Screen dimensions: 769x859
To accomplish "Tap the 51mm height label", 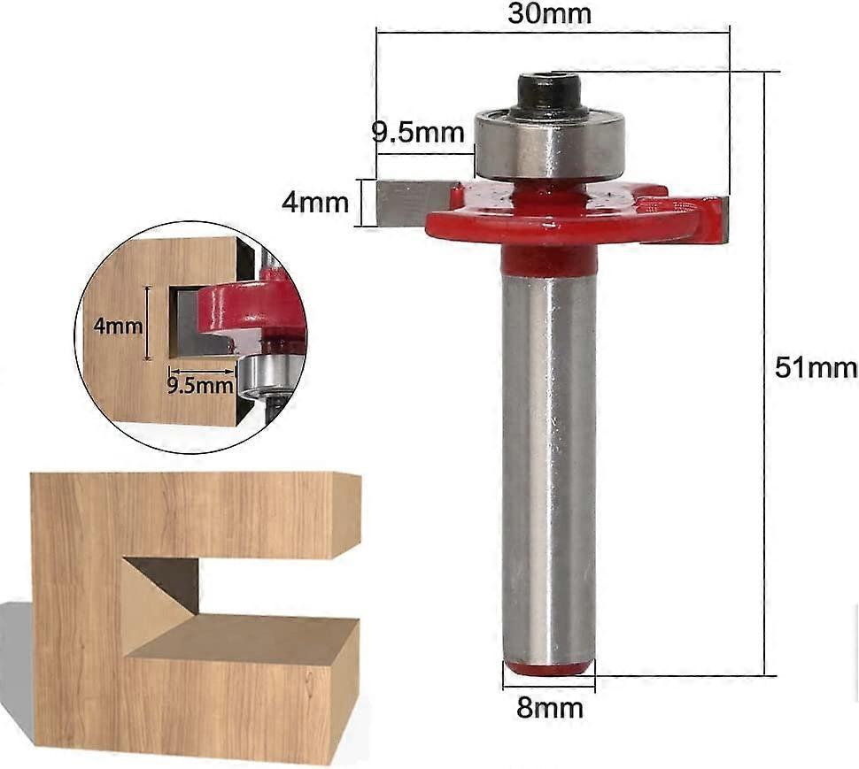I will (816, 368).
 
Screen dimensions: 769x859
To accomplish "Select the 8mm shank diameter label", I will (549, 708).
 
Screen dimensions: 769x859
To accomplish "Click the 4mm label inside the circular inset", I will (118, 325).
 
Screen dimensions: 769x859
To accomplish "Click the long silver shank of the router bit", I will (548, 460).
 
